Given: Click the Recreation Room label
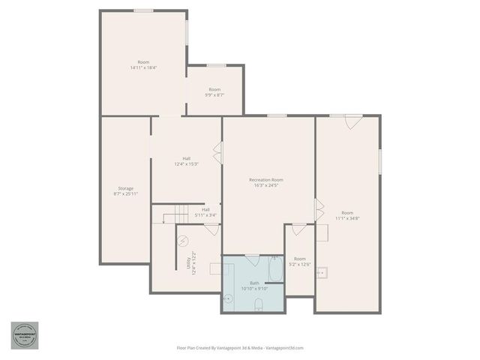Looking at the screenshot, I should click(x=266, y=180).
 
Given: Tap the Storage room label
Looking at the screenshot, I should click(x=125, y=188).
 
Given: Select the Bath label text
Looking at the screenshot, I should click(x=254, y=283).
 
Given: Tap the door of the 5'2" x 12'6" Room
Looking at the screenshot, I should click(x=299, y=229).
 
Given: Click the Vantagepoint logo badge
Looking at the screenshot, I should click(x=24, y=335).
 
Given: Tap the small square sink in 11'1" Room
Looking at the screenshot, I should click(x=321, y=273).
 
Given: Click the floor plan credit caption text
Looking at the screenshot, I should click(x=239, y=348).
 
